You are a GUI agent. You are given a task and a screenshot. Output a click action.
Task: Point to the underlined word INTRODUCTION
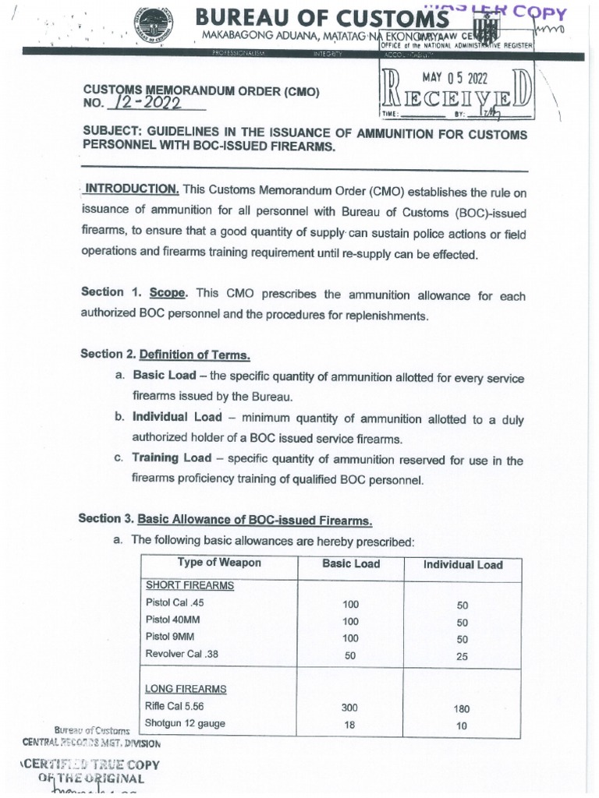point(133,189)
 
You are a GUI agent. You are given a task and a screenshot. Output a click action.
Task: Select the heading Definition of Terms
point(194,355)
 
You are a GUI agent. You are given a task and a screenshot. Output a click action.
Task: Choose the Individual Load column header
point(463,565)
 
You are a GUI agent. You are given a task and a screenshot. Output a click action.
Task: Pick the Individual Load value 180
point(462,709)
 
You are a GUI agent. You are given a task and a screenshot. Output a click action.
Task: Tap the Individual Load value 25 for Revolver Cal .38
point(462,656)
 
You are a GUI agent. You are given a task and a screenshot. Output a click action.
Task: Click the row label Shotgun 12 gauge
point(185,724)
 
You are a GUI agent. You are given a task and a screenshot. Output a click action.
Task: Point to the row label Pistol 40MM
point(172,620)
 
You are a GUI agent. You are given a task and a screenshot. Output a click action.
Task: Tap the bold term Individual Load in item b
point(177,417)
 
